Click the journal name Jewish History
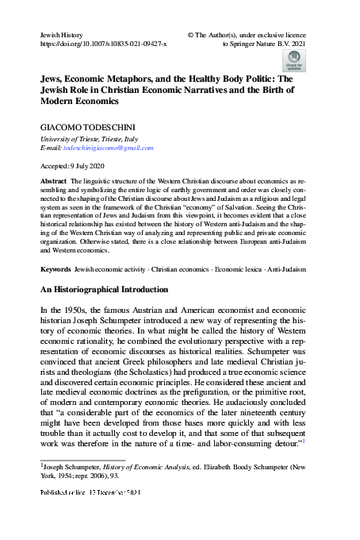(61, 37)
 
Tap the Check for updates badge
(293, 61)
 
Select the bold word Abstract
(54, 181)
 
